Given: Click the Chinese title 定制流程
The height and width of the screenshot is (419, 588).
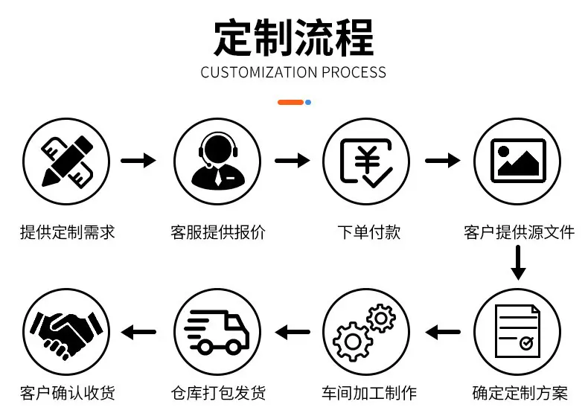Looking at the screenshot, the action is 293,38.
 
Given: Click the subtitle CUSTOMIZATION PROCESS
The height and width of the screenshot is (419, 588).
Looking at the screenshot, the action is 293,72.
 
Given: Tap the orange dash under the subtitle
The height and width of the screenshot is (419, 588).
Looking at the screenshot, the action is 290,102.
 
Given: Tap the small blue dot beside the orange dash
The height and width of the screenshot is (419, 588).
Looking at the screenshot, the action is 308,102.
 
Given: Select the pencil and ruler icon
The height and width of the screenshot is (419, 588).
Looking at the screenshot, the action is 67,161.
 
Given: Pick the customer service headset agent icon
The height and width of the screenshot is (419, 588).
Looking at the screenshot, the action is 218,160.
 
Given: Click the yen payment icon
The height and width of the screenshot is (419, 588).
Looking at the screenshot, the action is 366,162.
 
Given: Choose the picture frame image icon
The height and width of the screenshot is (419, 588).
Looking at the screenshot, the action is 518,161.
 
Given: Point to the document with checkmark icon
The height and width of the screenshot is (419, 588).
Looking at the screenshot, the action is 517,331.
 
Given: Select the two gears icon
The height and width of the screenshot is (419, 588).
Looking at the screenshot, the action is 364,332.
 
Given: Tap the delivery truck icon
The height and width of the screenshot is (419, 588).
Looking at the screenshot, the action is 217,332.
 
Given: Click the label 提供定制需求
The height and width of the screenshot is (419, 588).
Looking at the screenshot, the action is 68,232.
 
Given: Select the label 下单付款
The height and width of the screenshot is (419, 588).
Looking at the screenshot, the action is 369,232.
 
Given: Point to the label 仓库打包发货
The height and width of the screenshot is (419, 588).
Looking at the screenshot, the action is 218,393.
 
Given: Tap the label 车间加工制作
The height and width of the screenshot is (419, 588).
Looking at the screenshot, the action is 369,393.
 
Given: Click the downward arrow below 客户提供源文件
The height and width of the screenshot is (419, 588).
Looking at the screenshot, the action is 518,263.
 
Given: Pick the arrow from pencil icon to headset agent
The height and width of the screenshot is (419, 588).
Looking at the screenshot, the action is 138,161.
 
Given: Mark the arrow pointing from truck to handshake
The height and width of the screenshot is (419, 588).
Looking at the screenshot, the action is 138,332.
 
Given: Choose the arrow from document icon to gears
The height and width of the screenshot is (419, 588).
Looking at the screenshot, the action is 443,332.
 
